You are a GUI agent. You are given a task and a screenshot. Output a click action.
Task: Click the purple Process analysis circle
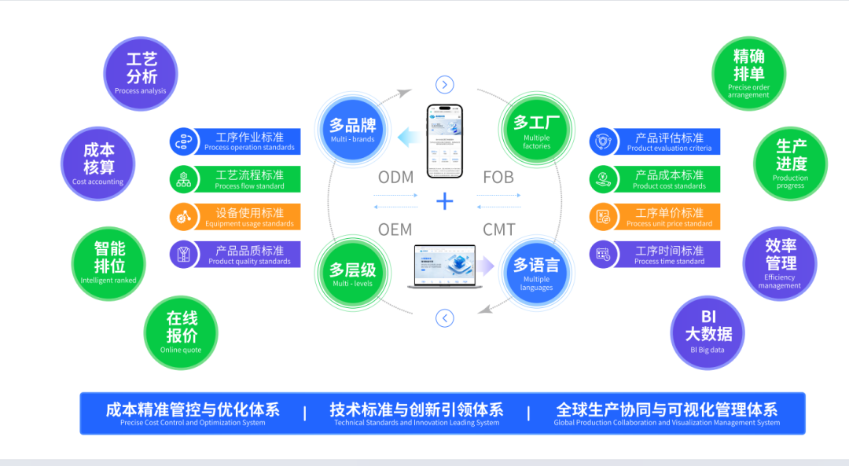tap(141, 74)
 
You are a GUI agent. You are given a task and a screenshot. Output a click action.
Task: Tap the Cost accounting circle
tap(98, 163)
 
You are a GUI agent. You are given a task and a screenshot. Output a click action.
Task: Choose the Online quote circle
tap(181, 332)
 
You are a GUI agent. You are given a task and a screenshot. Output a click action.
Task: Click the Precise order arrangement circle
tap(748, 73)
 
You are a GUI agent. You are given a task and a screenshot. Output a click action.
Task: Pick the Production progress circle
tap(790, 163)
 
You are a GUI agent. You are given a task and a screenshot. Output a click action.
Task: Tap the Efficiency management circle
tap(780, 263)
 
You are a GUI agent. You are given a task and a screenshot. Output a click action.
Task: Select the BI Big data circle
tap(707, 332)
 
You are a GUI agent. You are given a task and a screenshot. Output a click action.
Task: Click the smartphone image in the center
tap(445, 141)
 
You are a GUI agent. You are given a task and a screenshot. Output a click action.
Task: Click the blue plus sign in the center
tap(445, 202)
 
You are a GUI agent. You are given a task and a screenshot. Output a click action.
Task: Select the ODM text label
tap(395, 178)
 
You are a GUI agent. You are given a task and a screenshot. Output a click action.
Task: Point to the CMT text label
tap(498, 229)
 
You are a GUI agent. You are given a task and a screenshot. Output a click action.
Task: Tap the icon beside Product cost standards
tap(603, 179)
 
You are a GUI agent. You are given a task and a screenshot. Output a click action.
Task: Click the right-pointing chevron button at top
tap(445, 85)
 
